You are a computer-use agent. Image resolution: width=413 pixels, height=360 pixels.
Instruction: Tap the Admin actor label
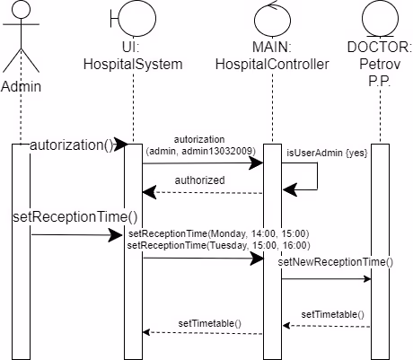pos(20,87)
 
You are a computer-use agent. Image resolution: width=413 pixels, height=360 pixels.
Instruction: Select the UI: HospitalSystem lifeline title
pos(132,56)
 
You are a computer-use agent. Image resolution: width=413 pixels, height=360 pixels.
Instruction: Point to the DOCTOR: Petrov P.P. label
pos(381,63)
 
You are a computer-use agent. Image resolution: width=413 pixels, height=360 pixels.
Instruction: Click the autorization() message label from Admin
pos(66,145)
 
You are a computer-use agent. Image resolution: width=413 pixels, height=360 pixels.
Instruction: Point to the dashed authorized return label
pos(200,180)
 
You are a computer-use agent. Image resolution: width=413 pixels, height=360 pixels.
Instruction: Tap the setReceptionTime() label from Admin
pos(75,216)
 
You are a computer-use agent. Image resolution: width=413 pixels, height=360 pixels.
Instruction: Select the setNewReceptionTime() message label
pos(335,262)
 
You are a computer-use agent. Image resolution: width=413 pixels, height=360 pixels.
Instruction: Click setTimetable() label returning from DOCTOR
pos(332,314)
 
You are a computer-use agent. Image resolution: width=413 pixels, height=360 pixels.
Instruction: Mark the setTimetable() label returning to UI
pos(208,321)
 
